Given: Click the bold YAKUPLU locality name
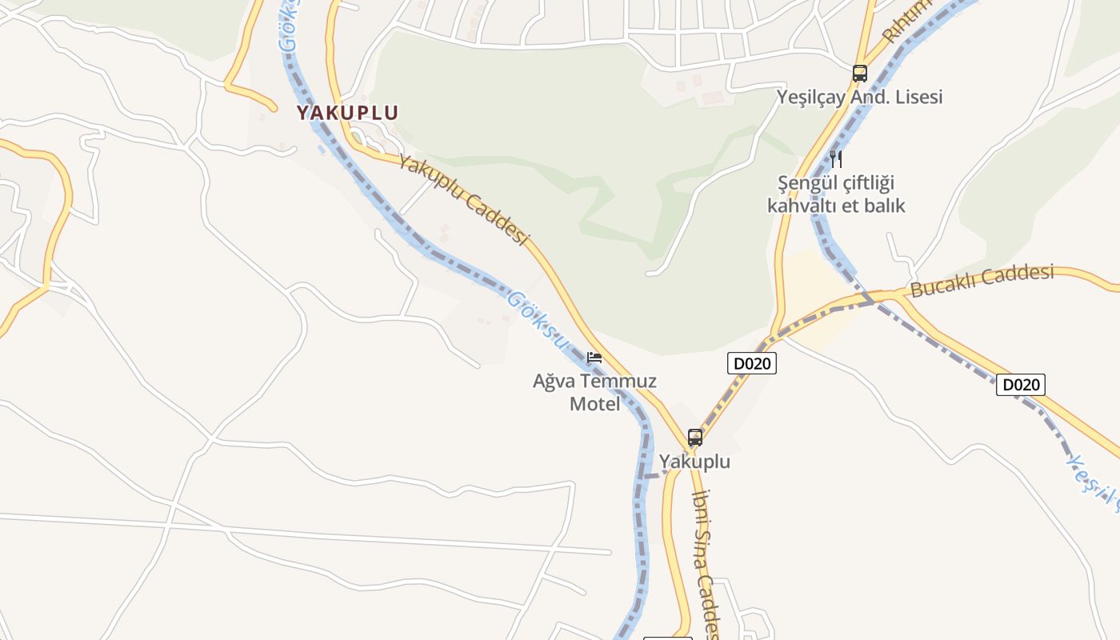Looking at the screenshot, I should [x=347, y=113].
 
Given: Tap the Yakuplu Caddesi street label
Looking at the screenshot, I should [x=464, y=200].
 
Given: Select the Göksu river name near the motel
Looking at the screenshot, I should [x=537, y=320].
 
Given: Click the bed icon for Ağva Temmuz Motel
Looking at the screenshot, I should [x=594, y=358].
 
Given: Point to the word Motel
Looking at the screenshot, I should [x=594, y=404].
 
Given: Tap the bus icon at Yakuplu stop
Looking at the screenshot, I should [x=695, y=438].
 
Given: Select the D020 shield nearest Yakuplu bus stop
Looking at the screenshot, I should [x=752, y=363].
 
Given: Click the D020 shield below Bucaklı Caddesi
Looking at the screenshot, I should [x=1021, y=385].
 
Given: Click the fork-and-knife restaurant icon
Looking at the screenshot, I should [x=836, y=158].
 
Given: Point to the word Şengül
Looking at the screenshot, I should [x=805, y=183].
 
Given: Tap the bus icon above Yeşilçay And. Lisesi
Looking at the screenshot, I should [x=860, y=74].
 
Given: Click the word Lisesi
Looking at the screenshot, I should [x=918, y=97].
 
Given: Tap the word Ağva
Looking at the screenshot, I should [x=555, y=381].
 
